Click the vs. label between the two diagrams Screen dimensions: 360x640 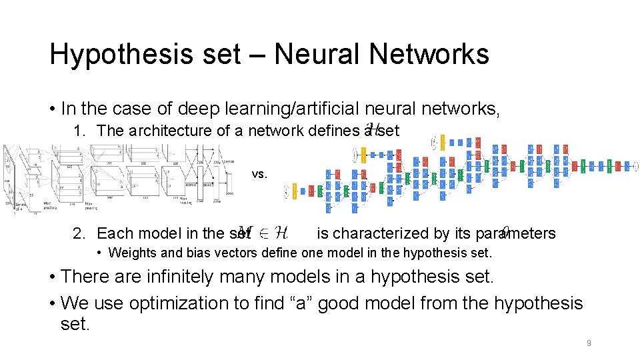click(x=260, y=174)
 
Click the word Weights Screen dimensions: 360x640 click(x=131, y=253)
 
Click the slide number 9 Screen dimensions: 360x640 click(x=589, y=343)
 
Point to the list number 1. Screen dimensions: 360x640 click(x=78, y=131)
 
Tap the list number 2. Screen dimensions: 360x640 click(x=79, y=233)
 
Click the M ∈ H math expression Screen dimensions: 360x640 click(x=263, y=233)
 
